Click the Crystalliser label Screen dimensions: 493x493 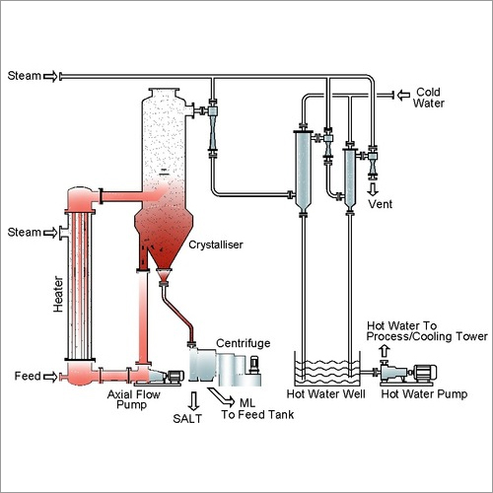click(x=216, y=245)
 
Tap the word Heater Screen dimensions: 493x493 click(x=58, y=294)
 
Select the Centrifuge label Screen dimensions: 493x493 click(x=244, y=343)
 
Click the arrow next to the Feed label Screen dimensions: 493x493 click(x=50, y=377)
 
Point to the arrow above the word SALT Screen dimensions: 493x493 click(x=194, y=401)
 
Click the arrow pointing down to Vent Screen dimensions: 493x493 click(x=373, y=189)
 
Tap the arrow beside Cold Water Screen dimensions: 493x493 click(x=403, y=96)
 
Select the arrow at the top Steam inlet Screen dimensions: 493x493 click(x=50, y=77)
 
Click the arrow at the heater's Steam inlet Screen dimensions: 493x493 click(x=50, y=233)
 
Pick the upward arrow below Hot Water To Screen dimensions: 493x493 click(x=385, y=351)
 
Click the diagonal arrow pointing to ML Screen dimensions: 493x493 click(x=222, y=396)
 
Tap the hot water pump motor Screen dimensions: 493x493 click(x=425, y=373)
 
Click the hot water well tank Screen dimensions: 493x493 click(x=327, y=369)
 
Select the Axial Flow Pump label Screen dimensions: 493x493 click(x=133, y=399)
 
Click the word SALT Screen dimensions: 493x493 click(x=187, y=419)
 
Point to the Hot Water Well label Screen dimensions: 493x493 click(x=325, y=394)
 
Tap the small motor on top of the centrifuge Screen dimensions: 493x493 click(x=254, y=365)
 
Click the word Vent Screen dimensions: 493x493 click(x=380, y=204)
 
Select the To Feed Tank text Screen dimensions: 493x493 click(x=257, y=415)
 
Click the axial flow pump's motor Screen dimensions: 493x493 click(x=176, y=377)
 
